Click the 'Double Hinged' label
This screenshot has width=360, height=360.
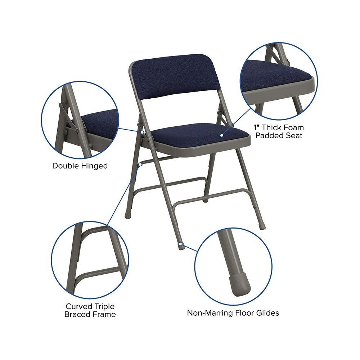click(x=80, y=166)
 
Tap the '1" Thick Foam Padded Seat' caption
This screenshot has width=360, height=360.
click(x=279, y=131)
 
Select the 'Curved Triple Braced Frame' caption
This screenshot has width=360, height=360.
click(x=90, y=310)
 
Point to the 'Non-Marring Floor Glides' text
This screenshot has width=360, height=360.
click(x=233, y=313)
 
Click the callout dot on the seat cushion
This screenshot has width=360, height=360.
click(x=221, y=135)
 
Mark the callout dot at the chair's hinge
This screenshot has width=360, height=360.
click(x=142, y=132)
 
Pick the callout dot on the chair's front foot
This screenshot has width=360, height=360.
click(x=181, y=244)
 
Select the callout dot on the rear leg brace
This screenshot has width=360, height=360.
click(x=140, y=165)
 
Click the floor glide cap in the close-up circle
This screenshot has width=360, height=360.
click(x=240, y=284)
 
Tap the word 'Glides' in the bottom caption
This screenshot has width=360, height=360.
click(x=267, y=313)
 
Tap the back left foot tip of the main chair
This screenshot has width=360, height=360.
click(x=127, y=216)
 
